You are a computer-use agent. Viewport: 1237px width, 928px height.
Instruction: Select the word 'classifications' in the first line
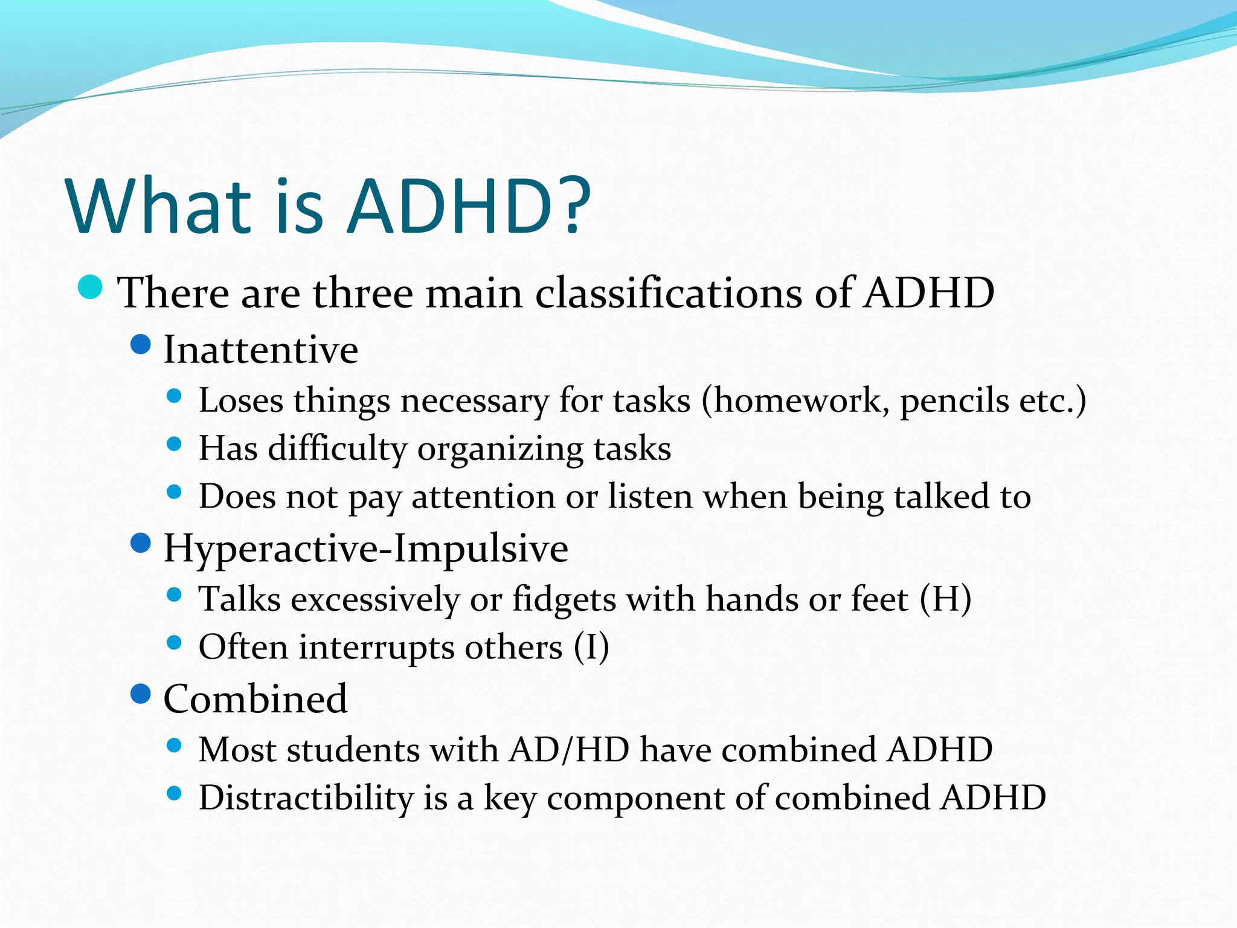(x=669, y=293)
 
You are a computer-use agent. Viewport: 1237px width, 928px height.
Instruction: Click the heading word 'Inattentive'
(x=261, y=350)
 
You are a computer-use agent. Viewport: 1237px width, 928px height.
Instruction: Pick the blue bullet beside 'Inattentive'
(x=140, y=345)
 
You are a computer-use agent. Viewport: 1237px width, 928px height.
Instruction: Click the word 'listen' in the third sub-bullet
(x=650, y=497)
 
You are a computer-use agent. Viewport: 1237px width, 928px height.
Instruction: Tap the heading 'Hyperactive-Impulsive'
(x=365, y=549)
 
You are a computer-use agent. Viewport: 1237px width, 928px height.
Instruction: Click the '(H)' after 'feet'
(x=945, y=599)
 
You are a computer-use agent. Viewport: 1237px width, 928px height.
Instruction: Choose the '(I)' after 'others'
(x=591, y=648)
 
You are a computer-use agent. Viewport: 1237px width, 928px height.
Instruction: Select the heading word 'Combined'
(x=255, y=699)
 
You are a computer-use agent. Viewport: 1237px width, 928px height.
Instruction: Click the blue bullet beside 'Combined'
(x=140, y=694)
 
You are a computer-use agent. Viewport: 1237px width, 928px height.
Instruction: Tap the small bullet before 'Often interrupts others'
(x=174, y=643)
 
